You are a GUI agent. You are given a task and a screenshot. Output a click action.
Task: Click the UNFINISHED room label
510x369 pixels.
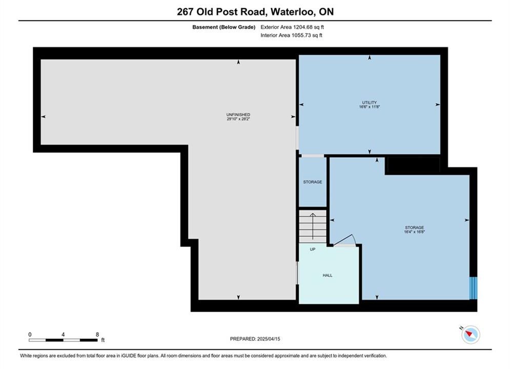238,115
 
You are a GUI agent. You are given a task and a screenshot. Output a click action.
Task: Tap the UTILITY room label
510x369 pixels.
370,102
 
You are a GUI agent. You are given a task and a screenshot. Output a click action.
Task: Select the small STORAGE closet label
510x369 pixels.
313,182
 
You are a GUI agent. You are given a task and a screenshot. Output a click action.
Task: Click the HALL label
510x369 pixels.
328,275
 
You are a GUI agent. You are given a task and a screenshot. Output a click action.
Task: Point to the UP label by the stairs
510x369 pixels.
313,250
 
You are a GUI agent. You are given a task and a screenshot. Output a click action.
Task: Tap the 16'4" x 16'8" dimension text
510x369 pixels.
415,232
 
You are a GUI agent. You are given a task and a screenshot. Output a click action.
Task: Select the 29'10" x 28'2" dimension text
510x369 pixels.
238,119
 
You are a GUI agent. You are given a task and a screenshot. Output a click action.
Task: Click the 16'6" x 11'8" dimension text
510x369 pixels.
370,107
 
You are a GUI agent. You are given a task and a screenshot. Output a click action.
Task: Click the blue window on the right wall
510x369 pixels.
473,288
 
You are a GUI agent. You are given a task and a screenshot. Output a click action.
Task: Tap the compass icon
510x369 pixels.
471,334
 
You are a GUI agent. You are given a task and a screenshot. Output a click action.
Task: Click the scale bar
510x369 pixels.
63,340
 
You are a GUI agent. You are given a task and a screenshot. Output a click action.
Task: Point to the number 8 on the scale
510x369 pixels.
97,334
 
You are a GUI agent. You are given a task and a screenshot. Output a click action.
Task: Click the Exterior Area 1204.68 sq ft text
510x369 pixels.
292,27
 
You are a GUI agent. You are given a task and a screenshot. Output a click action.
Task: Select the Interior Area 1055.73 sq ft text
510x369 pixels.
292,35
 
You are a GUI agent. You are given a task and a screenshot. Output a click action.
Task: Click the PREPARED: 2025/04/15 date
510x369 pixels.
255,339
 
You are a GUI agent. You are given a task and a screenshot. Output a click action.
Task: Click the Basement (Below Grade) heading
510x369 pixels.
224,27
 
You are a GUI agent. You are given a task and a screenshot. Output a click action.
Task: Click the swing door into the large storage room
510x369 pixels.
345,240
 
